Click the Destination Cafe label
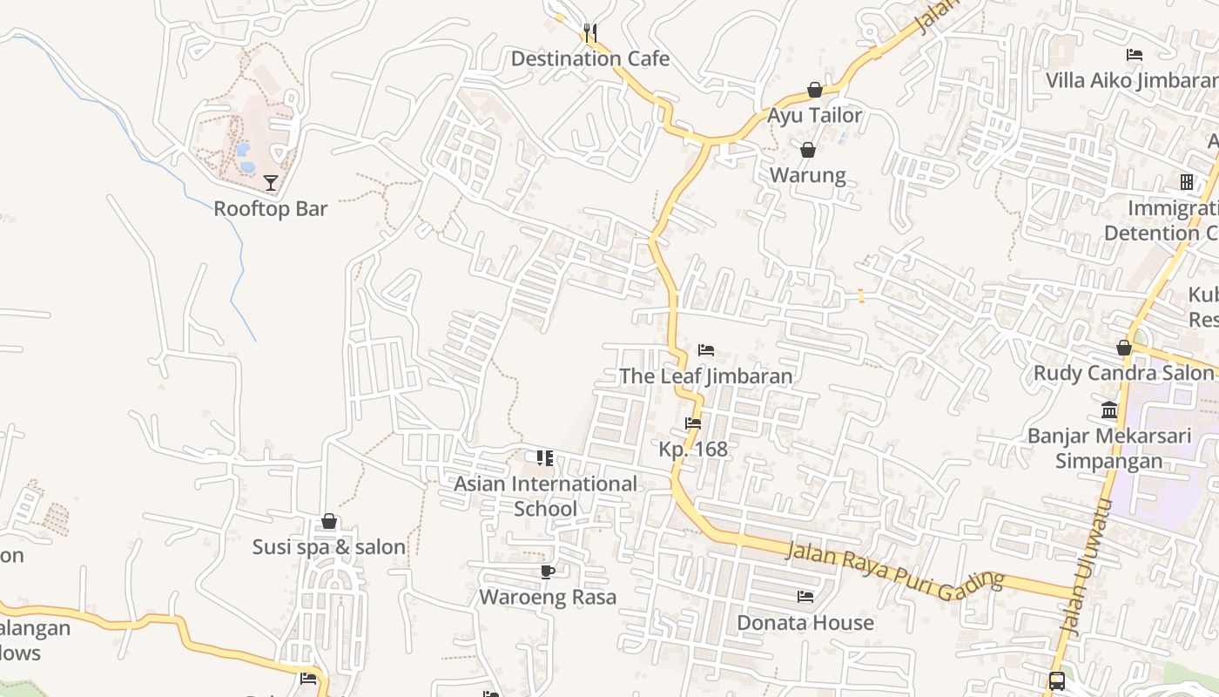(589, 59)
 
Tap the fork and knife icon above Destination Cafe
(590, 33)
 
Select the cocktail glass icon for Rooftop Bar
(271, 183)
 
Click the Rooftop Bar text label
(271, 209)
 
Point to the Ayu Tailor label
(814, 115)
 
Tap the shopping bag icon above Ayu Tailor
(814, 90)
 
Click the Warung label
(807, 175)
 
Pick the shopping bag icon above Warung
(807, 150)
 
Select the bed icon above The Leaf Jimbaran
(706, 350)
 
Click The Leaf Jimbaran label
(706, 376)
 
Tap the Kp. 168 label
(693, 450)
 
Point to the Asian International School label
(546, 496)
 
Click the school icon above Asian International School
(545, 458)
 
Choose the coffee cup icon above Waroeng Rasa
(547, 572)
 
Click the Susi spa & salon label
(329, 547)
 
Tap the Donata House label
(805, 623)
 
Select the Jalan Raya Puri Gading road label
(894, 572)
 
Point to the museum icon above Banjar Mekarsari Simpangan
(1109, 409)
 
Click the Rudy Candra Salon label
(1123, 374)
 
